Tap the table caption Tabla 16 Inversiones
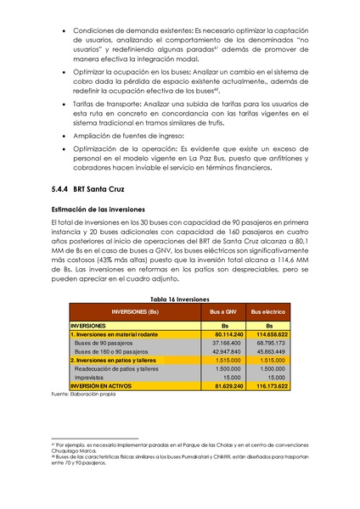[x=179, y=299]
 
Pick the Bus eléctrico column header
[x=269, y=312]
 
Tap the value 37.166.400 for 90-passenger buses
[x=224, y=343]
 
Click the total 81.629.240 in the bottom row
[x=223, y=386]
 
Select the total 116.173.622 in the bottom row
[x=269, y=386]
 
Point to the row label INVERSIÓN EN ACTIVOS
[x=103, y=386]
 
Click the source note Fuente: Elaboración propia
[x=82, y=394]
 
